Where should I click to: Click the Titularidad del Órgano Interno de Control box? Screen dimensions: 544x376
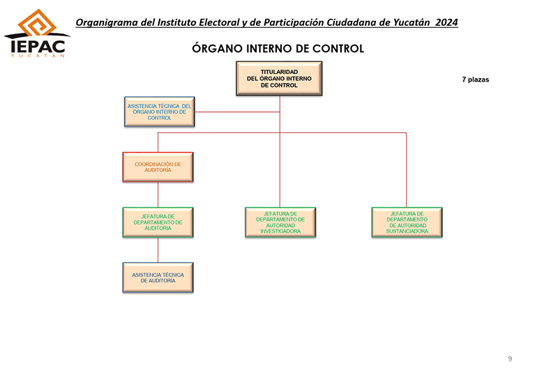coord(279,79)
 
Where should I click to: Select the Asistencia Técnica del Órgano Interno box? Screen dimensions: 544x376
coord(160,112)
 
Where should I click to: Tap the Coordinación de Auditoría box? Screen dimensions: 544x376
coord(158,167)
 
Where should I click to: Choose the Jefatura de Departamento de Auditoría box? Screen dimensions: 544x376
coord(158,222)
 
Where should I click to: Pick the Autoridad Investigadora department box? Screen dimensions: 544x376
coord(280,222)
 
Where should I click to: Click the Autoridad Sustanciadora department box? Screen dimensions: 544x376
coord(407,222)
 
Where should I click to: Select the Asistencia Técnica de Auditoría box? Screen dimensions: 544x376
coord(158,278)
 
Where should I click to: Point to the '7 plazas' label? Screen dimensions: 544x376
coord(476,79)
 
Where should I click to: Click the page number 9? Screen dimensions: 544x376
coord(510,359)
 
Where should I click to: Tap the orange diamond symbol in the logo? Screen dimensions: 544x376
coord(37,23)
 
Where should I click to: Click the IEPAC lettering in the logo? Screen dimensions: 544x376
coord(38,47)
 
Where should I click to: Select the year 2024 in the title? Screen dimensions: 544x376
coord(447,22)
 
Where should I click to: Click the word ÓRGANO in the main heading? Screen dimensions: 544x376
coord(217,48)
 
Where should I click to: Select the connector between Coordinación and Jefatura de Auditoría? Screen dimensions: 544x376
coord(158,194)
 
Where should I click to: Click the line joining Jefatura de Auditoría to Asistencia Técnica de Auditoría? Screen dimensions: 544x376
coord(158,250)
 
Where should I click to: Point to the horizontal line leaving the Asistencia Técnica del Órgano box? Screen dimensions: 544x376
coord(237,112)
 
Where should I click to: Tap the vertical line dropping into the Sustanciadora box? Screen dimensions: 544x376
coord(407,170)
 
